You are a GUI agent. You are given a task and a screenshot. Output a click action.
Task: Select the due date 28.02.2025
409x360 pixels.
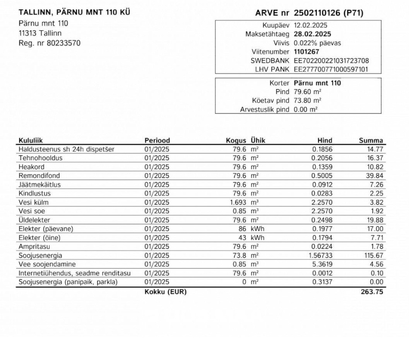(312, 34)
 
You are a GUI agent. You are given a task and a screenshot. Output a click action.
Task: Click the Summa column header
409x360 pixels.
(371, 140)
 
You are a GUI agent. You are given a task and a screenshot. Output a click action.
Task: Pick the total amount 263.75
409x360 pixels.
(372, 292)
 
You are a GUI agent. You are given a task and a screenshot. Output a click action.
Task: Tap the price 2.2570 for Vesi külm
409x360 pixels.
(322, 202)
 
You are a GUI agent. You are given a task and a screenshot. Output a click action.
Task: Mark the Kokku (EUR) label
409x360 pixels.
(166, 292)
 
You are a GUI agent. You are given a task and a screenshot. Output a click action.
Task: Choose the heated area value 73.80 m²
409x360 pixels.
(307, 100)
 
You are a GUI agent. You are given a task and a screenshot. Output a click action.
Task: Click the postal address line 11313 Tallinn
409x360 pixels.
(40, 33)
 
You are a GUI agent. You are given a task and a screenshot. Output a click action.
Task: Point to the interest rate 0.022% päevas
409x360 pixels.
(317, 43)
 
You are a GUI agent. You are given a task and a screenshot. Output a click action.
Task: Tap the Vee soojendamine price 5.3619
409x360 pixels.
(322, 264)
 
